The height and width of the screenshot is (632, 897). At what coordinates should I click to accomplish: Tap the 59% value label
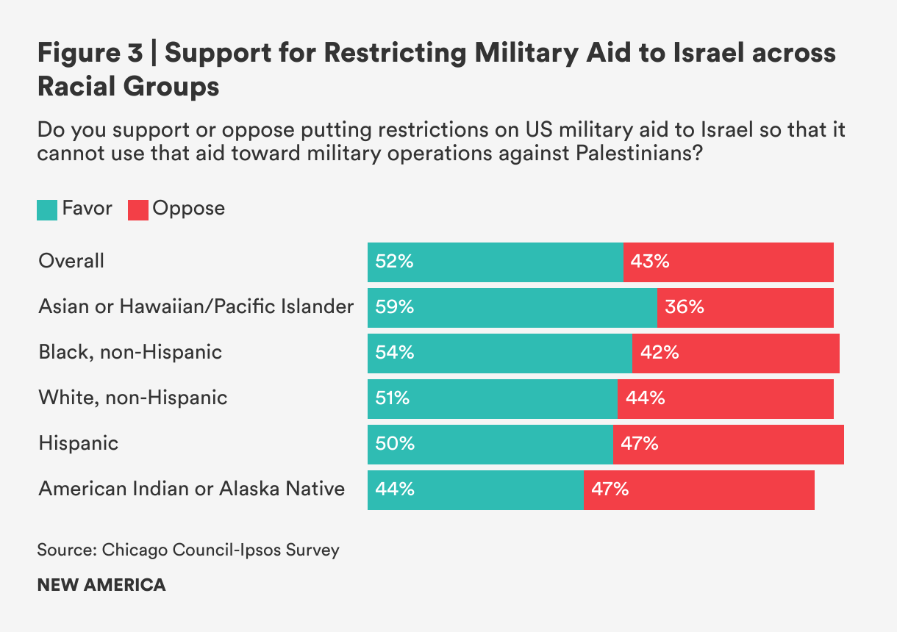click(x=395, y=307)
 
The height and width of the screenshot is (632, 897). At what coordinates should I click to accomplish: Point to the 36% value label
click(x=685, y=307)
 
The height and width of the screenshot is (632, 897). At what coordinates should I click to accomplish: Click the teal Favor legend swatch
click(x=46, y=209)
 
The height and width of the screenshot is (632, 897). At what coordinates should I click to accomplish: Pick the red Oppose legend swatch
click(x=138, y=209)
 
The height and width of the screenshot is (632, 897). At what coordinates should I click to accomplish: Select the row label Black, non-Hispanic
click(x=130, y=352)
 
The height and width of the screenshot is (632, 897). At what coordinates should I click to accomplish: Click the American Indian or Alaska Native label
click(x=192, y=489)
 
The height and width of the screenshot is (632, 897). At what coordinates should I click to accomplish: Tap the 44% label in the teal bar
click(x=395, y=489)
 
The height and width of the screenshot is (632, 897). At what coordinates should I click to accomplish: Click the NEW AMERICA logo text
click(x=101, y=585)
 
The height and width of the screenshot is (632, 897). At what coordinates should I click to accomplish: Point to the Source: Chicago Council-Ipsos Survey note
click(x=189, y=550)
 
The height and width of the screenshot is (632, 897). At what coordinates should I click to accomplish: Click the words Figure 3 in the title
click(x=90, y=54)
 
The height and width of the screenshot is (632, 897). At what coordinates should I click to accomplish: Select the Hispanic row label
click(x=79, y=443)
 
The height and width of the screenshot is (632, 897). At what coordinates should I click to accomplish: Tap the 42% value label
click(x=660, y=353)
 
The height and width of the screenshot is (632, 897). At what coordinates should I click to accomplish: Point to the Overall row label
click(x=71, y=261)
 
